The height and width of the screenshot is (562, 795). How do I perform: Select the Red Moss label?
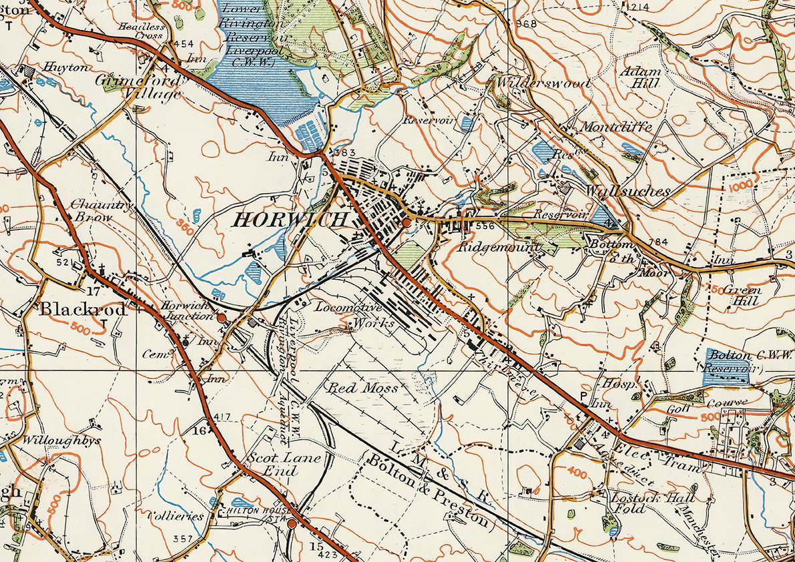coord(361,388)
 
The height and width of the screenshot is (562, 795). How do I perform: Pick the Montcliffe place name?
coord(616,127)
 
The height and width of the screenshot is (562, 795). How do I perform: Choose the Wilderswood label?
coord(543,83)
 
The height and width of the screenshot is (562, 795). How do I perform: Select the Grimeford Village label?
coord(139,87)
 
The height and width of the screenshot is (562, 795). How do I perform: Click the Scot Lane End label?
coord(284,465)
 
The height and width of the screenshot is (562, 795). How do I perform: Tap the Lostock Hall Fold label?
coord(652,503)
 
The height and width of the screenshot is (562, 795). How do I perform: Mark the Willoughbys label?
coord(61,441)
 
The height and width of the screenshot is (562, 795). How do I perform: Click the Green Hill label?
coord(742,296)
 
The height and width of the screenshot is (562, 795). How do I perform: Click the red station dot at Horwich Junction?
coord(222,318)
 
